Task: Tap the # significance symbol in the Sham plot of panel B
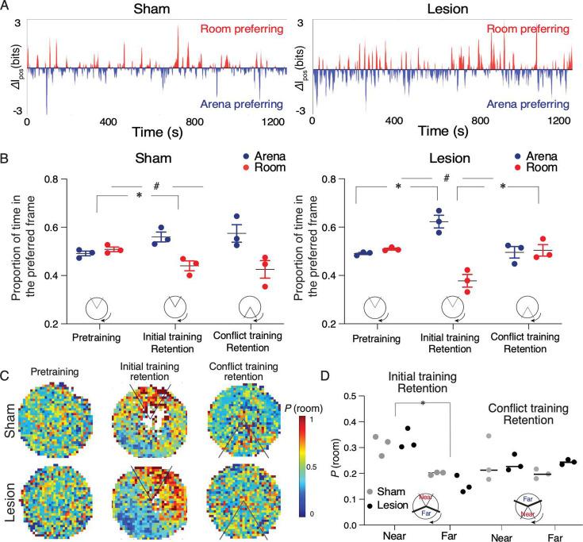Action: pos(158,186)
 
